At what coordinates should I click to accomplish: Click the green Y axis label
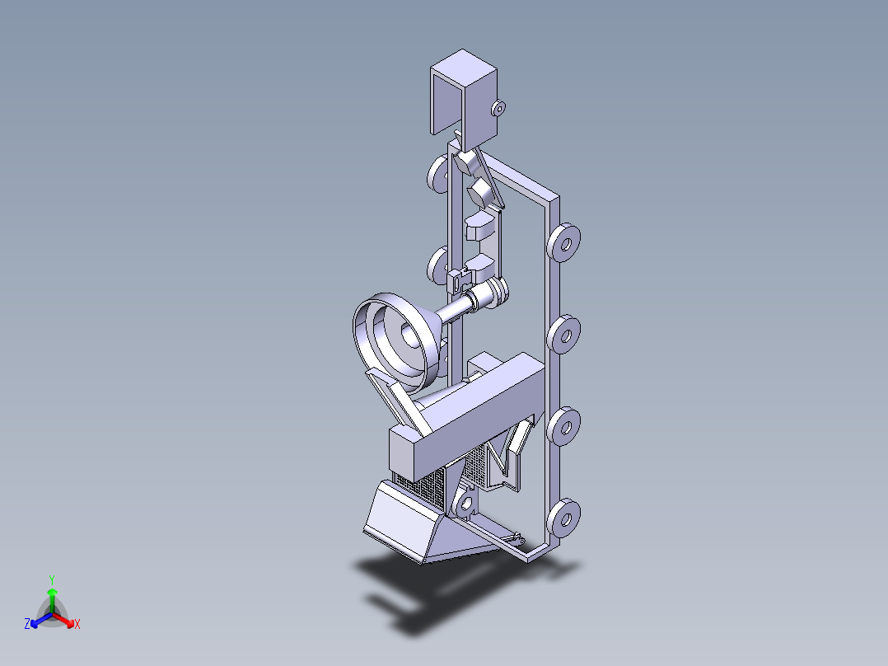pyautogui.click(x=51, y=579)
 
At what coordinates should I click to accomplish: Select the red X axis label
pyautogui.click(x=77, y=625)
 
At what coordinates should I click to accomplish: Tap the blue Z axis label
pyautogui.click(x=27, y=625)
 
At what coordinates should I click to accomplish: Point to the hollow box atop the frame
pyautogui.click(x=465, y=91)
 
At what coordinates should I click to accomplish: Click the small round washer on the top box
pyautogui.click(x=498, y=107)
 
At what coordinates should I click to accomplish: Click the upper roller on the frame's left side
pyautogui.click(x=437, y=174)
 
